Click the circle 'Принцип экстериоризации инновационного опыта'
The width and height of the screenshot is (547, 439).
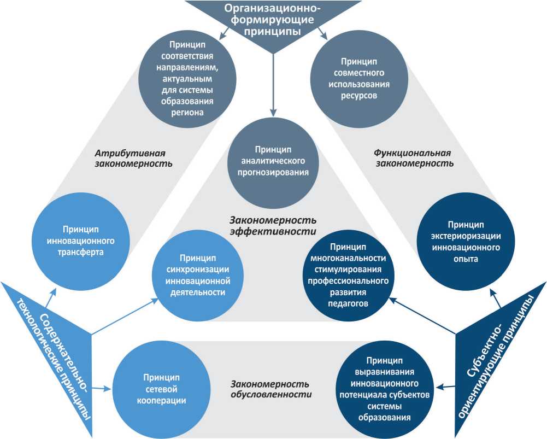coord(466,242)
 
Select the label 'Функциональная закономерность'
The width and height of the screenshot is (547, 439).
coord(413,157)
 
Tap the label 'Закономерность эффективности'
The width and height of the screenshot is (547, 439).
coord(274,225)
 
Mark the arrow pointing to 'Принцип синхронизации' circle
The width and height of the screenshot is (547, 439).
coord(126,317)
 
